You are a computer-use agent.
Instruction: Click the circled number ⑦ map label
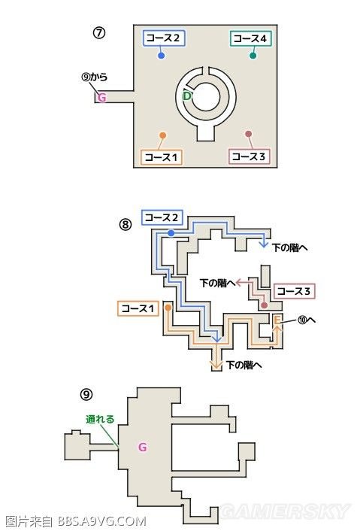pos(99,33)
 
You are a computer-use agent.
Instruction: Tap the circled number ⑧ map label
pos(126,224)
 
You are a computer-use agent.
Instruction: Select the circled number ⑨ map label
pos(86,394)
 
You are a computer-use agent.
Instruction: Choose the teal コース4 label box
pos(251,38)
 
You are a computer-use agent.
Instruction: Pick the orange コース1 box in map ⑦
pos(162,157)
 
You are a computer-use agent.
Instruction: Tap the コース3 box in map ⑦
pos(249,156)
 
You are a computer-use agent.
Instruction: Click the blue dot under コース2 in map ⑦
pos(162,56)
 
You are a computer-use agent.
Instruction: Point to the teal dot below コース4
pos(253,56)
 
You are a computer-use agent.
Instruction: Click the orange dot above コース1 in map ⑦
pos(162,136)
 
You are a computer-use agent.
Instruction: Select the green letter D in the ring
pos(186,96)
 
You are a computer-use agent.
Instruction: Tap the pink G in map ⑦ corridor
pos(102,98)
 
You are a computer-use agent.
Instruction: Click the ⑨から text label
pos(95,77)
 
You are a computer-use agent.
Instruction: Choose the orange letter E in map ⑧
pos(277,320)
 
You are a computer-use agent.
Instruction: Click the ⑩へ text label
pos(306,320)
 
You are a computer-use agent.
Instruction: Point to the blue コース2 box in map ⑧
pos(162,217)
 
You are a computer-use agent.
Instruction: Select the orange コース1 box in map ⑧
pos(138,308)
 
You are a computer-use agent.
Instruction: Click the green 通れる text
pos(100,419)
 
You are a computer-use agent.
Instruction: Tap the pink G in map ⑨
pos(143,448)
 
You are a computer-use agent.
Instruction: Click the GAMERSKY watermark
pos(285,511)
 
